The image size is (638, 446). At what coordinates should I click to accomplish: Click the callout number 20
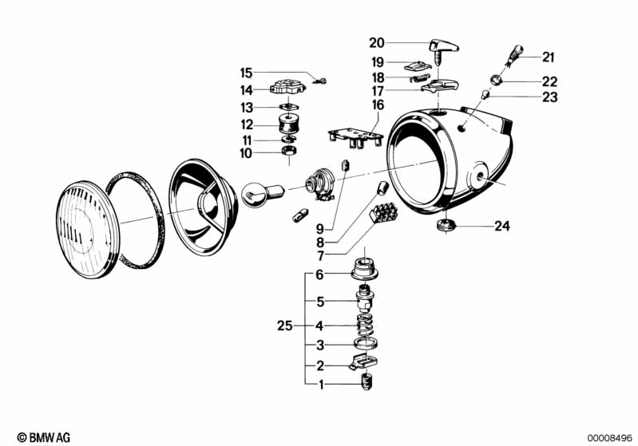[x=377, y=43]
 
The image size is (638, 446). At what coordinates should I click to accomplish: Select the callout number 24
[x=501, y=226]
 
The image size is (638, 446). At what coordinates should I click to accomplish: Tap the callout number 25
[x=285, y=326]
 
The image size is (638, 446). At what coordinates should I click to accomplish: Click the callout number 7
[x=320, y=256]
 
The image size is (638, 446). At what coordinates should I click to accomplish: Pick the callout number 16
[x=377, y=105]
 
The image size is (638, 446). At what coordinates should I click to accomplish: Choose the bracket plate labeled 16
[x=353, y=130]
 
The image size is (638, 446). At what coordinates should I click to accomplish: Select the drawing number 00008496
[x=608, y=436]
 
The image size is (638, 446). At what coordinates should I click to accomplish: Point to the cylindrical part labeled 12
[x=286, y=125]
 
